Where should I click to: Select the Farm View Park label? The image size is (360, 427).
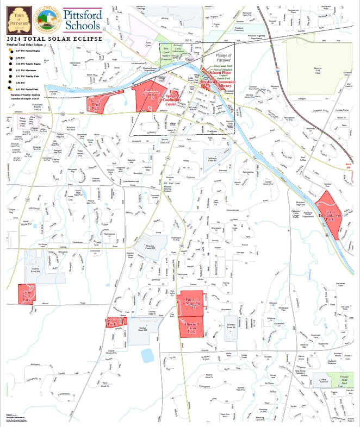coord(26,296)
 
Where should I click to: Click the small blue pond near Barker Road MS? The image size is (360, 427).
coord(147,355)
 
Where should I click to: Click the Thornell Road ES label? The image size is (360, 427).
coord(231,326)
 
